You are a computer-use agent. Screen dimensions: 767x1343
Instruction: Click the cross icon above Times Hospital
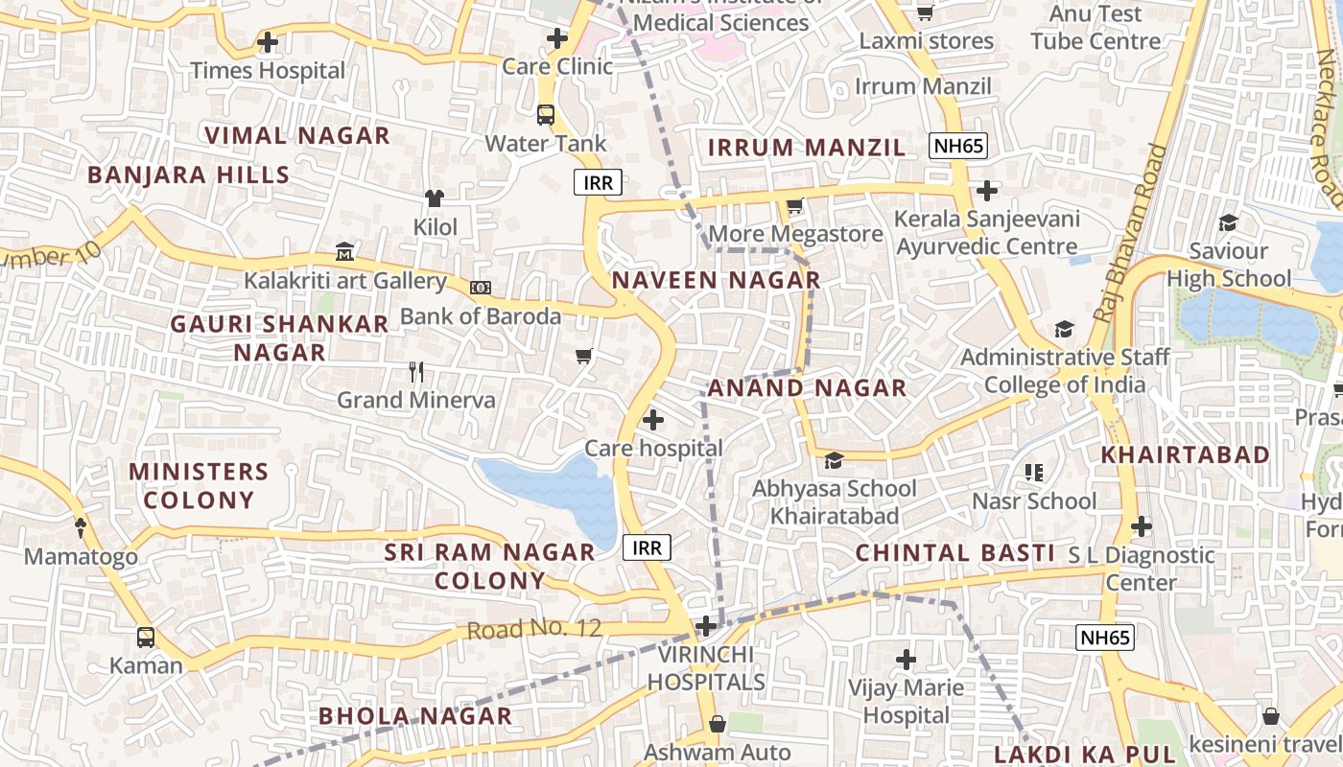(268, 42)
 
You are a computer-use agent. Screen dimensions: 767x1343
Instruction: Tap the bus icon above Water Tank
(546, 115)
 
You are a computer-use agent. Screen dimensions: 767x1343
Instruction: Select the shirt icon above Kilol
(435, 198)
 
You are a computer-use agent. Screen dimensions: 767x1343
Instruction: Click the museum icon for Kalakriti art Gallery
(344, 252)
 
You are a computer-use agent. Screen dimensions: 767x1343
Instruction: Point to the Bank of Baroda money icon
(481, 287)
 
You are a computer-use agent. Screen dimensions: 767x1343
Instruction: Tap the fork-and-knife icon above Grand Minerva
(416, 371)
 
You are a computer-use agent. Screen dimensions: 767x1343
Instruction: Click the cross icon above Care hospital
(653, 419)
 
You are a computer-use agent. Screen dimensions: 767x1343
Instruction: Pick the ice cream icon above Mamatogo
(81, 527)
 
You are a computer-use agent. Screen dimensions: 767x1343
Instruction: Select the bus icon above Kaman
(146, 637)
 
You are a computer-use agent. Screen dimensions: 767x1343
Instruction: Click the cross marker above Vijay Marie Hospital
(906, 659)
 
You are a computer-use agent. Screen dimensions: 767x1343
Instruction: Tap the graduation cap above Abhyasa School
(834, 460)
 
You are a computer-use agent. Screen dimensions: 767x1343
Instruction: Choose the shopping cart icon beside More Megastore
(794, 205)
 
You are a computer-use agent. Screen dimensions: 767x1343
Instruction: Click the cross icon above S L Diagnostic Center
(1141, 526)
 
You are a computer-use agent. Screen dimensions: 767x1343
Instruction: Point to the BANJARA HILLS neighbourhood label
(188, 175)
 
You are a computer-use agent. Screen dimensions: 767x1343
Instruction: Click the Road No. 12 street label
(534, 630)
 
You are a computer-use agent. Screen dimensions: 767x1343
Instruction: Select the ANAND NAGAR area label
(807, 388)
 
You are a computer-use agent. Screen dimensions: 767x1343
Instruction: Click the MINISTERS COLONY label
(199, 486)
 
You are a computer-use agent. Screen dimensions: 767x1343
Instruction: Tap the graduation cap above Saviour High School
(1228, 223)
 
